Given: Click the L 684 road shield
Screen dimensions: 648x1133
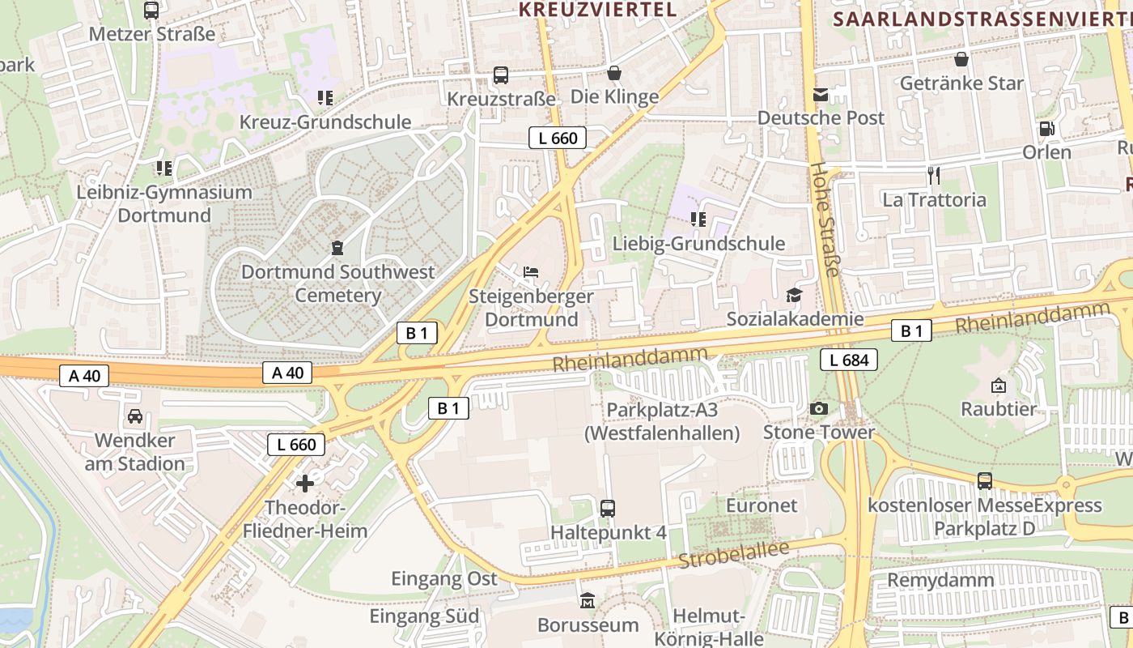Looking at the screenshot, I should [x=849, y=360].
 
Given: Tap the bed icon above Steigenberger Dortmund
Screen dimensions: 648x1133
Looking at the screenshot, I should [x=531, y=271].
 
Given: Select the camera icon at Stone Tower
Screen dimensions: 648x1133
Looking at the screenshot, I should [x=819, y=408].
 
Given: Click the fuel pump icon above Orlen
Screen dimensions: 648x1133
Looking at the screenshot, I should [x=1046, y=129].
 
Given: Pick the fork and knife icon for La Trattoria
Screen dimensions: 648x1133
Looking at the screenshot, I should [x=934, y=175].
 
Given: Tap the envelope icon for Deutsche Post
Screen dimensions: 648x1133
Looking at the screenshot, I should [x=821, y=94].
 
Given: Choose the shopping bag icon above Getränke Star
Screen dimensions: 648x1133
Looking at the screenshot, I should [x=961, y=59].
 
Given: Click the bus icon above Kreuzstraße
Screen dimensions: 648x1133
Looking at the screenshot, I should [x=501, y=75].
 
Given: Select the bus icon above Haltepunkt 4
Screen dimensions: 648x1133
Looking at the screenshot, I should [x=608, y=508].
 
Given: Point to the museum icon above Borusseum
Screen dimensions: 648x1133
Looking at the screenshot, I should [x=588, y=601].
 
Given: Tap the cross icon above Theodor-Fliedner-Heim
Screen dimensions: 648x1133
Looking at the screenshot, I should [x=305, y=484].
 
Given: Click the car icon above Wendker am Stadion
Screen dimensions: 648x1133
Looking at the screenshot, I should [x=135, y=416].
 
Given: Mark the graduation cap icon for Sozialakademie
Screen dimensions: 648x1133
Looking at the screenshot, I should [x=794, y=295].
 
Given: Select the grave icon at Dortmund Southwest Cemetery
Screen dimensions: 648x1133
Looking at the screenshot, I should [x=337, y=247].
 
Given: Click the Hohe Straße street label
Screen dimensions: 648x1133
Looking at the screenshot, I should [x=827, y=220].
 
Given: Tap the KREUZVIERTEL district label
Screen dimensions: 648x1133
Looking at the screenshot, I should [x=597, y=10].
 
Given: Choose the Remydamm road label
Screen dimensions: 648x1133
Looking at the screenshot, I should [x=940, y=580].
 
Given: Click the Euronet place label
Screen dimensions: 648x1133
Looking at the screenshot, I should [x=762, y=505].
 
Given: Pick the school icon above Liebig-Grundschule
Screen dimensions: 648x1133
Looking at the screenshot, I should [x=698, y=219].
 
